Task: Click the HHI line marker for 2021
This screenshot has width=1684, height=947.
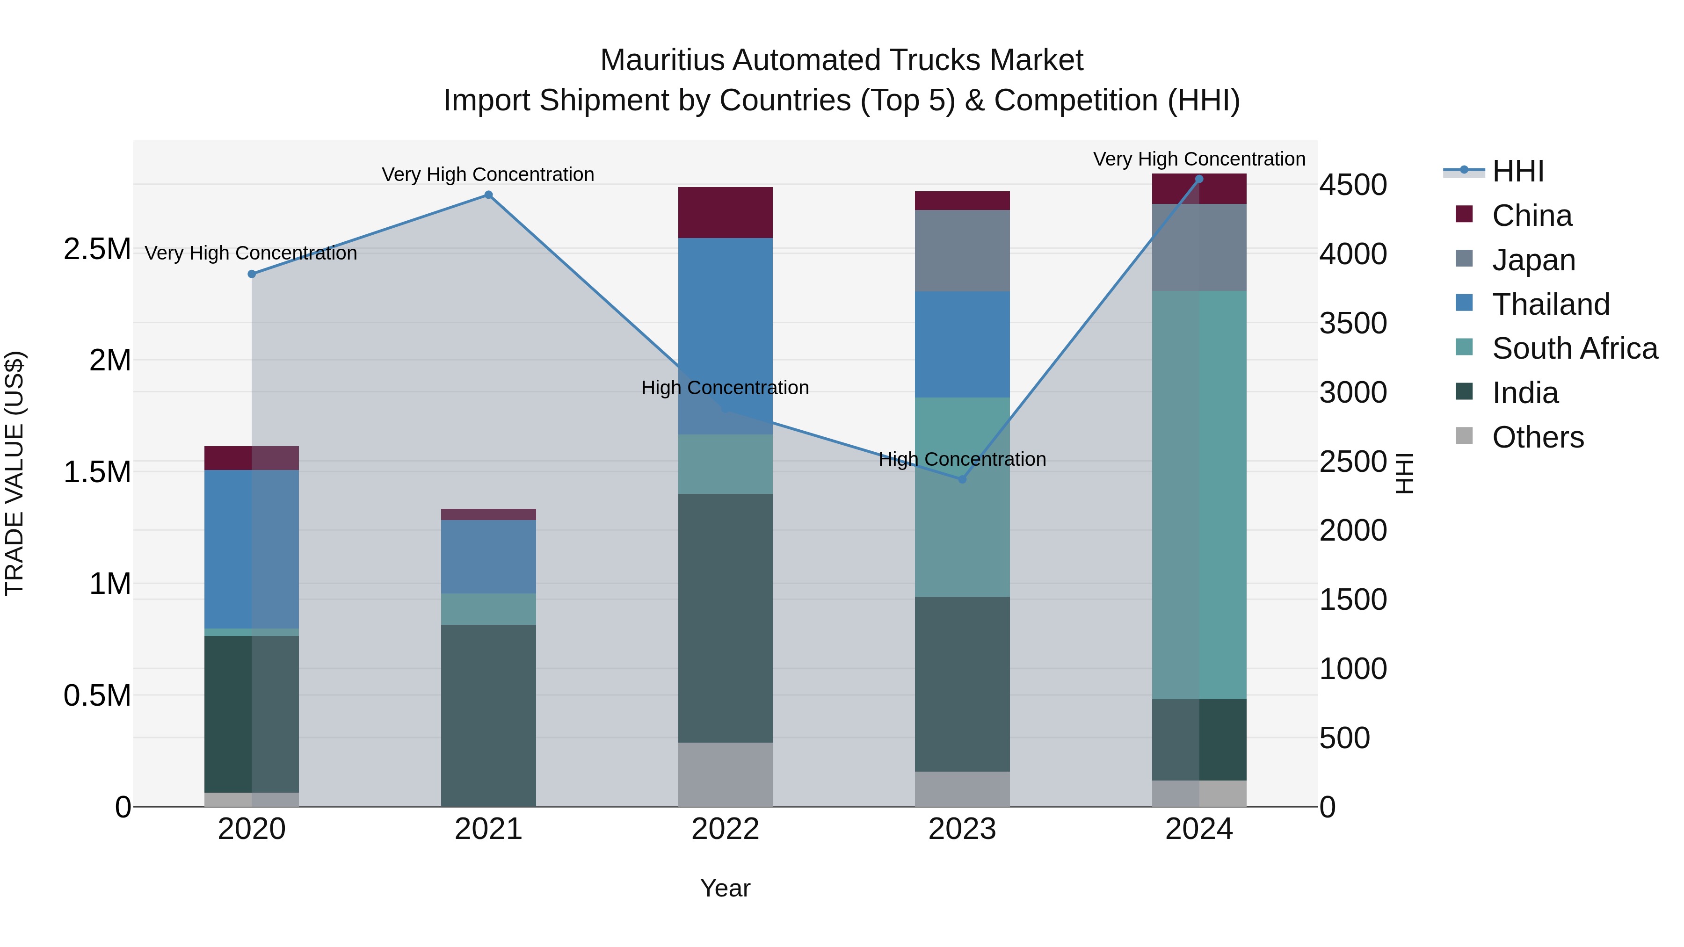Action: pos(488,195)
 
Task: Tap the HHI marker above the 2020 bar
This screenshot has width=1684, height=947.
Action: pos(252,274)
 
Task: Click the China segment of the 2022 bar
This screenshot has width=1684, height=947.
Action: pos(725,212)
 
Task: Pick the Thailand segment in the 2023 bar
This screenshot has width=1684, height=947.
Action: pos(962,344)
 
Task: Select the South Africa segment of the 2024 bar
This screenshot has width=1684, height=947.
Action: pos(1199,495)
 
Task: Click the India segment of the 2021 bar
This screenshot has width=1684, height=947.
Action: pos(488,715)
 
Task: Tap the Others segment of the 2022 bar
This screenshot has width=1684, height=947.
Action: pos(725,774)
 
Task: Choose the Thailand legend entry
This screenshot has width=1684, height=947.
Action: pos(1550,304)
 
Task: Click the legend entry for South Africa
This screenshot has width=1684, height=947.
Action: pos(1574,349)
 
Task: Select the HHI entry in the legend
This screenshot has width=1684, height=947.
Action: pos(1517,171)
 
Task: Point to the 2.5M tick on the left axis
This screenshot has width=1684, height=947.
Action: pos(97,249)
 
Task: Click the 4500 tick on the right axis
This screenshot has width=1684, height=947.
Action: pos(1352,185)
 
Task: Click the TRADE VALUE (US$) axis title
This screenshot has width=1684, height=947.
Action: pos(15,473)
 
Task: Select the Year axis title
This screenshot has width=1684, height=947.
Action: pos(725,888)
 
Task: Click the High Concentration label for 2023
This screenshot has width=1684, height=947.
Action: pos(962,459)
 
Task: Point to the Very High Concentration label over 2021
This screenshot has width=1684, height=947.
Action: pos(488,174)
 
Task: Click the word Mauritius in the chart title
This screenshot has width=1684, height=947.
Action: pos(662,60)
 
